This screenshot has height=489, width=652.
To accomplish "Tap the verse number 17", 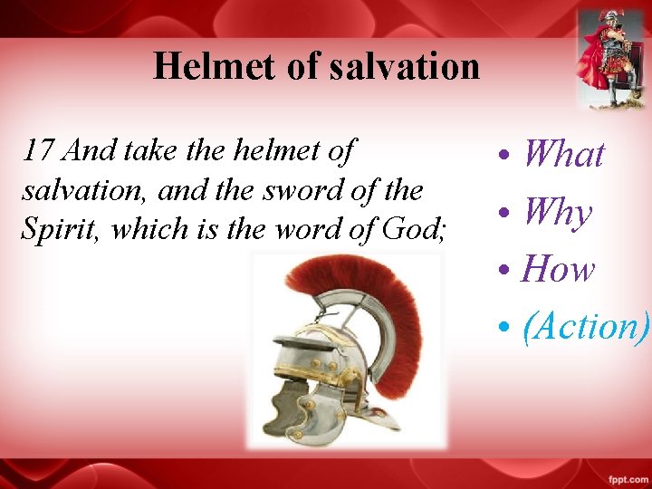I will tap(40, 150).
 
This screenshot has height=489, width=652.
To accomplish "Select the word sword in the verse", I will tap(292, 190).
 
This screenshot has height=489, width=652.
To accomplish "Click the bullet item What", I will tap(562, 154).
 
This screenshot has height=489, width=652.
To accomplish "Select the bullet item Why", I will tap(557, 213).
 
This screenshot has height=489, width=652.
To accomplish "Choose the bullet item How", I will tap(559, 269).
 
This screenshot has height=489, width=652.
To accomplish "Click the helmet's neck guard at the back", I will tap(376, 417).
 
